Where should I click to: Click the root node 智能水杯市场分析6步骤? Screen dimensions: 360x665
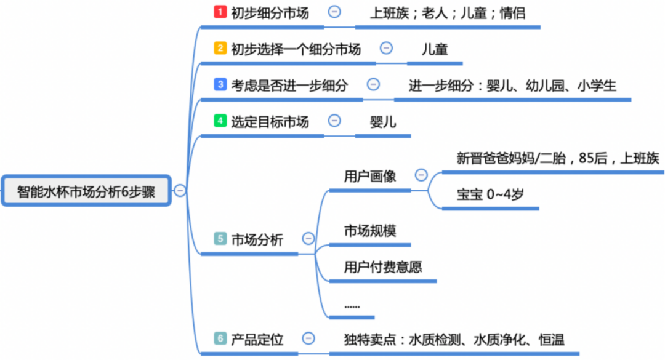[x=86, y=191]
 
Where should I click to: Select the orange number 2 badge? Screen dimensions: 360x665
[x=220, y=49]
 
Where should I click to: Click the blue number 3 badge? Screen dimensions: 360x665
[x=220, y=85]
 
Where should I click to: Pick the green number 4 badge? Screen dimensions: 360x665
[x=220, y=121]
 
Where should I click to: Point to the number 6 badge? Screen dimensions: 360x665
[x=220, y=338]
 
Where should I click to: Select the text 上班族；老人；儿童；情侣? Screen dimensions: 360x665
[x=448, y=12]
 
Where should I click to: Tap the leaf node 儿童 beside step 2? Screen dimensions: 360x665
[x=435, y=49]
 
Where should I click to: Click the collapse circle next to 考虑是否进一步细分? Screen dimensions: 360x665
[x=373, y=85]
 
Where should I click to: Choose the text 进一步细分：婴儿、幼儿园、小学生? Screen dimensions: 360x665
[x=512, y=86]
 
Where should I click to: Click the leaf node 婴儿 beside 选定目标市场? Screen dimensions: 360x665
[x=383, y=121]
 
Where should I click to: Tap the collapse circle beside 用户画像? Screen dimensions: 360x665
[x=421, y=175]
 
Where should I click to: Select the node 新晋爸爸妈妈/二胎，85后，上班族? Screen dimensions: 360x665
[x=558, y=158]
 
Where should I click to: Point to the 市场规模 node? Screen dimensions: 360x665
[x=369, y=231]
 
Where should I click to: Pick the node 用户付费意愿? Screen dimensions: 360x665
[x=383, y=267]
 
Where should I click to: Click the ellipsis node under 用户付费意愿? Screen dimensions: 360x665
[x=352, y=306]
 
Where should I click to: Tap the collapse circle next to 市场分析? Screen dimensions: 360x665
[x=308, y=239]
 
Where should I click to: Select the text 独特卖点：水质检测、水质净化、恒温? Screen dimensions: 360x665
[x=454, y=338]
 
